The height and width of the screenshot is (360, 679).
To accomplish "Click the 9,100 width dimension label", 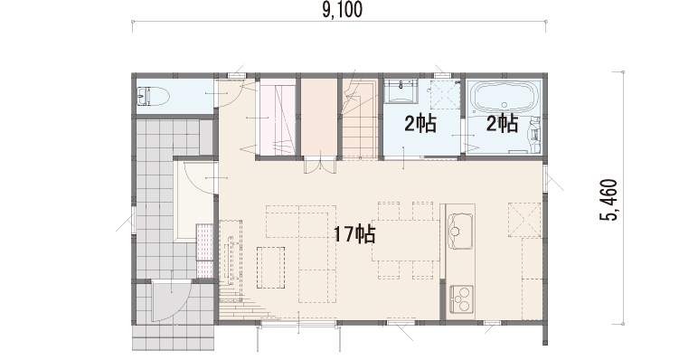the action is click(x=342, y=10).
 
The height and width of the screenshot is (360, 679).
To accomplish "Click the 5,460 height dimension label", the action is click(x=608, y=200).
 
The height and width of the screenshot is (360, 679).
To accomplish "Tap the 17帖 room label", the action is click(x=354, y=234).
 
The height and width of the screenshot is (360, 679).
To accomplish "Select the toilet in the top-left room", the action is click(x=152, y=97).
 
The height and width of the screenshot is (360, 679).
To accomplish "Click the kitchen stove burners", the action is click(x=461, y=299).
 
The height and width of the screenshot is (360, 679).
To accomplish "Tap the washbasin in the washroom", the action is click(x=401, y=90).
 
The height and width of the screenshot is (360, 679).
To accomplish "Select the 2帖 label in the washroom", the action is click(x=420, y=124).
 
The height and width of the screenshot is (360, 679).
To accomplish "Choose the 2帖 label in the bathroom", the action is click(x=502, y=123).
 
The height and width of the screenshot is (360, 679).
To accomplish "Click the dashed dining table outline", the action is click(x=405, y=241).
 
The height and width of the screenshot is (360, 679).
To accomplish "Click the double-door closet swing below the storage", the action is click(x=320, y=166).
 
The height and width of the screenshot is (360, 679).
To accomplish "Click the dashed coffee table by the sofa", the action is click(x=270, y=268).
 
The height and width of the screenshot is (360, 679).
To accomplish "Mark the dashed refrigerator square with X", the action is click(x=524, y=219).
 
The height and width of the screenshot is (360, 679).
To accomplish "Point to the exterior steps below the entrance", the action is click(x=174, y=338).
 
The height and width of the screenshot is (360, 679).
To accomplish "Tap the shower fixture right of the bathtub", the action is click(x=534, y=129).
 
